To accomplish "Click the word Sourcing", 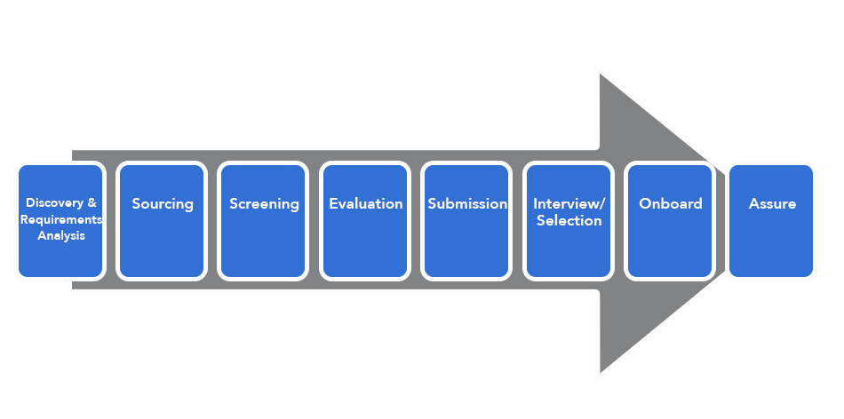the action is point(163,204).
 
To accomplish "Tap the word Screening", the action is point(264,204).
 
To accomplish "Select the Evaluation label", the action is point(365,204).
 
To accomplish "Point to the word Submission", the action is point(467,204).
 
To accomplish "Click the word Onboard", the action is point(670,204).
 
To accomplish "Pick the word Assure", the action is point(772,204).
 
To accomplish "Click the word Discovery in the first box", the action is point(54,203).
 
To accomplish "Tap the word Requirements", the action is point(60,220).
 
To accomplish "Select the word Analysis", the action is point(60,235).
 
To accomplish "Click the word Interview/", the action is point(569,204).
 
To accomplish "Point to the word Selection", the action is point(569,220).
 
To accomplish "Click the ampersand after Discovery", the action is point(92,203).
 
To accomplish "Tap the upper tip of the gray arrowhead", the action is point(601,74).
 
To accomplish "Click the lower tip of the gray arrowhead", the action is point(601,372).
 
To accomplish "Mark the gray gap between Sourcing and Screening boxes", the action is point(212,220).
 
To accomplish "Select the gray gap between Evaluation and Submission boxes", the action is point(416,220).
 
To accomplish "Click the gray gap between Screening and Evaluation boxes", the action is point(314,220).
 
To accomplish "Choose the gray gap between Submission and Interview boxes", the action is point(517,220).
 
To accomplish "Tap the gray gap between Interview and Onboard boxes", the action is point(619,220).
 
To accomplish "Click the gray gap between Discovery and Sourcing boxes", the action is point(111,220).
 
